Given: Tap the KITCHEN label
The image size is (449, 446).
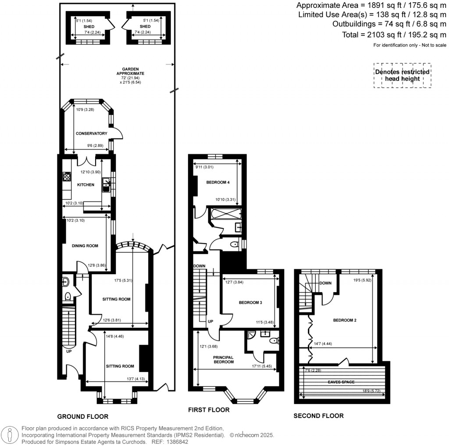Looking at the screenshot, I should pyautogui.click(x=86, y=185).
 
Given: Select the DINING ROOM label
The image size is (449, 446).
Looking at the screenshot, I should pyautogui.click(x=85, y=246).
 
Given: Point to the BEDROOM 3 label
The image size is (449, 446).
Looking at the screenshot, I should pyautogui.click(x=250, y=303).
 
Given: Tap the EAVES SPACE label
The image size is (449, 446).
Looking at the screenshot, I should pyautogui.click(x=341, y=382).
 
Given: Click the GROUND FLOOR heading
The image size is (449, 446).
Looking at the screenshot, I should pyautogui.click(x=83, y=416).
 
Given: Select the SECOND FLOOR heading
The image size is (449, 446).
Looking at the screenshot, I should pyautogui.click(x=318, y=416).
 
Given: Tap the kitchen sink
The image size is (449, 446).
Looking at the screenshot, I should pyautogui.click(x=106, y=184).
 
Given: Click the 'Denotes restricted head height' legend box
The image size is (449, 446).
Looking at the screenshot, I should pyautogui.click(x=402, y=75).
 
